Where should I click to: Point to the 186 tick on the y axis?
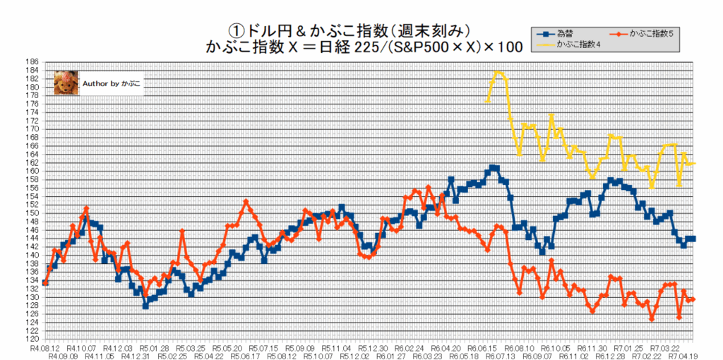pos(31,61)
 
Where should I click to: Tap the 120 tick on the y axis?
pos(31,340)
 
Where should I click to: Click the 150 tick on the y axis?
pos(31,213)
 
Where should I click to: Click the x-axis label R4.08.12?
pos(43,348)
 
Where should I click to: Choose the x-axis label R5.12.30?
pos(374,348)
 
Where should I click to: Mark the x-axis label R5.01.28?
pos(153,348)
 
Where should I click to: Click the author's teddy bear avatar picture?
pos(66,83)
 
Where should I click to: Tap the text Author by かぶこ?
pos(112,83)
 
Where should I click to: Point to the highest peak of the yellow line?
pos(498,71)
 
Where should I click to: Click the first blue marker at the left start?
pos(45,282)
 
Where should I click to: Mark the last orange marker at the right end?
pos(693,300)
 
